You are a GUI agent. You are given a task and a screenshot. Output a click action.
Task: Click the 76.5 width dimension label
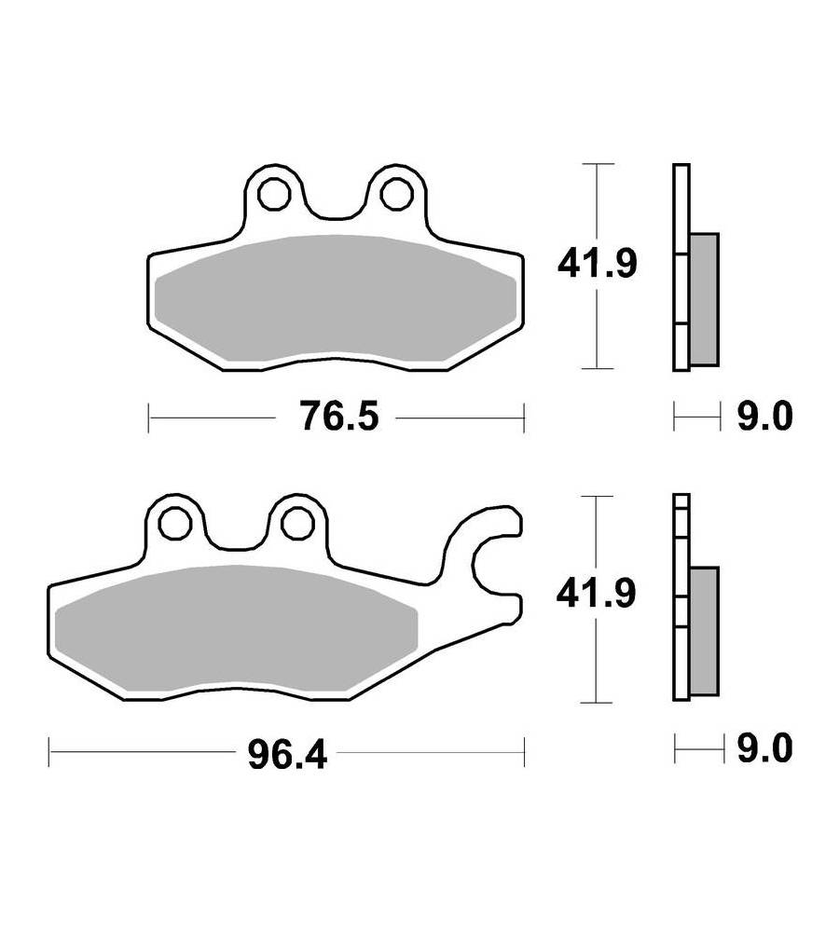tap(339, 416)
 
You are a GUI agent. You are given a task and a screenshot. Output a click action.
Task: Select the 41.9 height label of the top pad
tap(597, 264)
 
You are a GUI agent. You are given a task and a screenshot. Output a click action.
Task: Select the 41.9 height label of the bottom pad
tap(596, 593)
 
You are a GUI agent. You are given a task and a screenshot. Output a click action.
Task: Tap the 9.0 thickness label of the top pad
tap(765, 416)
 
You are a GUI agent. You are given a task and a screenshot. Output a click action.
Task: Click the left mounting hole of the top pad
tap(273, 194)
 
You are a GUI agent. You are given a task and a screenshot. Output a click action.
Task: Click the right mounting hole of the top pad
tap(396, 194)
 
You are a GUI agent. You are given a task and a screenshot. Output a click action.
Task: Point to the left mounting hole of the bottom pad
tap(175, 524)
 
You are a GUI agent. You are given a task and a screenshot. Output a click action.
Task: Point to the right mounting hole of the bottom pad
tap(297, 524)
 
